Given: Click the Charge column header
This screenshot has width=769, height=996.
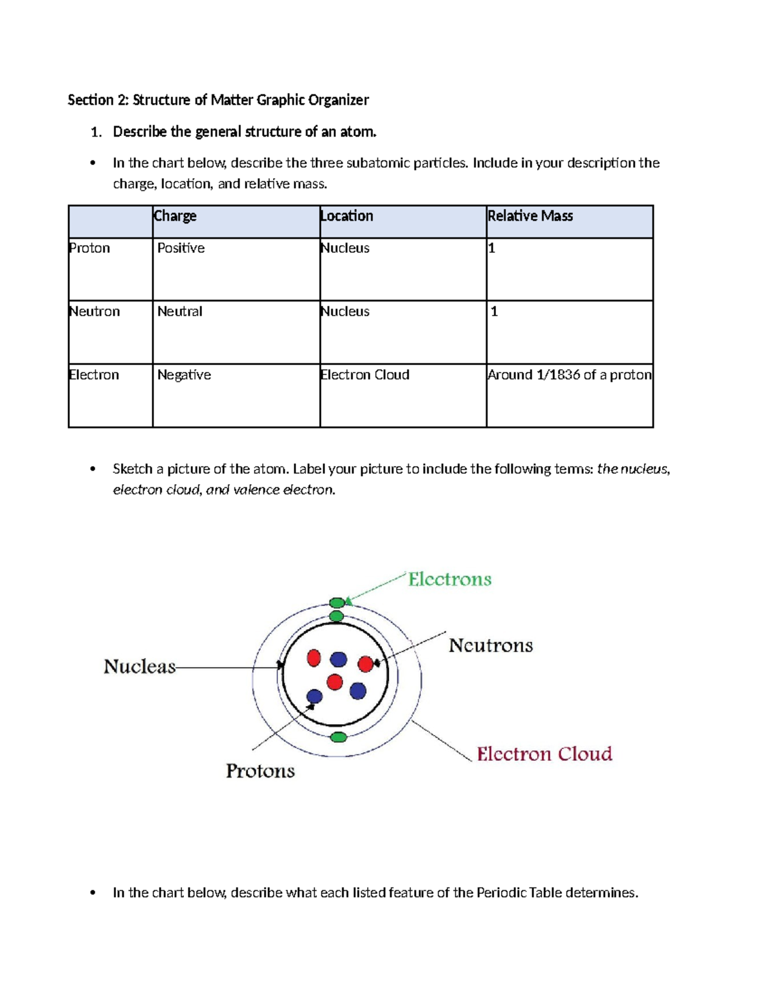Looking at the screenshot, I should click(x=175, y=216).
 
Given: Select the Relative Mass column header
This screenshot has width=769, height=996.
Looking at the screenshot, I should click(x=530, y=216).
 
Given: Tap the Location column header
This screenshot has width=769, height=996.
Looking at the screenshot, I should click(x=347, y=216).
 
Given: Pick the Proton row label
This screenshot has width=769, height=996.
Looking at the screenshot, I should click(x=90, y=248).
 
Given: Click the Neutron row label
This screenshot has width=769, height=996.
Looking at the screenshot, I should click(x=94, y=312).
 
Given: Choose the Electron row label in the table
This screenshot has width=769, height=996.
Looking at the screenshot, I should click(x=94, y=375).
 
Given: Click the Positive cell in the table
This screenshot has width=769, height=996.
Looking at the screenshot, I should click(x=181, y=248).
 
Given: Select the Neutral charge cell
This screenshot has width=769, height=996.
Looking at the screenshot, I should click(x=179, y=312).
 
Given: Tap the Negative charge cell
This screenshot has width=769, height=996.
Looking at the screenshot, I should click(x=184, y=375).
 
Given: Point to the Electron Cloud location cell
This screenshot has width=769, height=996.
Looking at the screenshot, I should click(x=365, y=375).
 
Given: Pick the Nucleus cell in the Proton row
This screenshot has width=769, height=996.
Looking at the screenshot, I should click(x=345, y=248).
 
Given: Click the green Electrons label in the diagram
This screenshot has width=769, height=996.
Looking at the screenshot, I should click(x=450, y=580).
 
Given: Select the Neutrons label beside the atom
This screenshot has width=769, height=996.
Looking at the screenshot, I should click(x=490, y=645).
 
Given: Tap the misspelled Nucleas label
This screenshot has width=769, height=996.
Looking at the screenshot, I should click(x=140, y=667).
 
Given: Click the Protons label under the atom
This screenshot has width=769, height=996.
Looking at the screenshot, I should click(x=260, y=771).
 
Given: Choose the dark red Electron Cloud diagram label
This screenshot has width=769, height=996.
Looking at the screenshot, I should click(x=544, y=754).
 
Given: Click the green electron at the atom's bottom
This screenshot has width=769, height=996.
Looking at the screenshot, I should click(x=338, y=738).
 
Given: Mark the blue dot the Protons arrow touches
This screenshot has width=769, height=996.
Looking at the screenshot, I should click(x=315, y=696).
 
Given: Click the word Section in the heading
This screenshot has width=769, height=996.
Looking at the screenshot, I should click(x=90, y=100).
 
